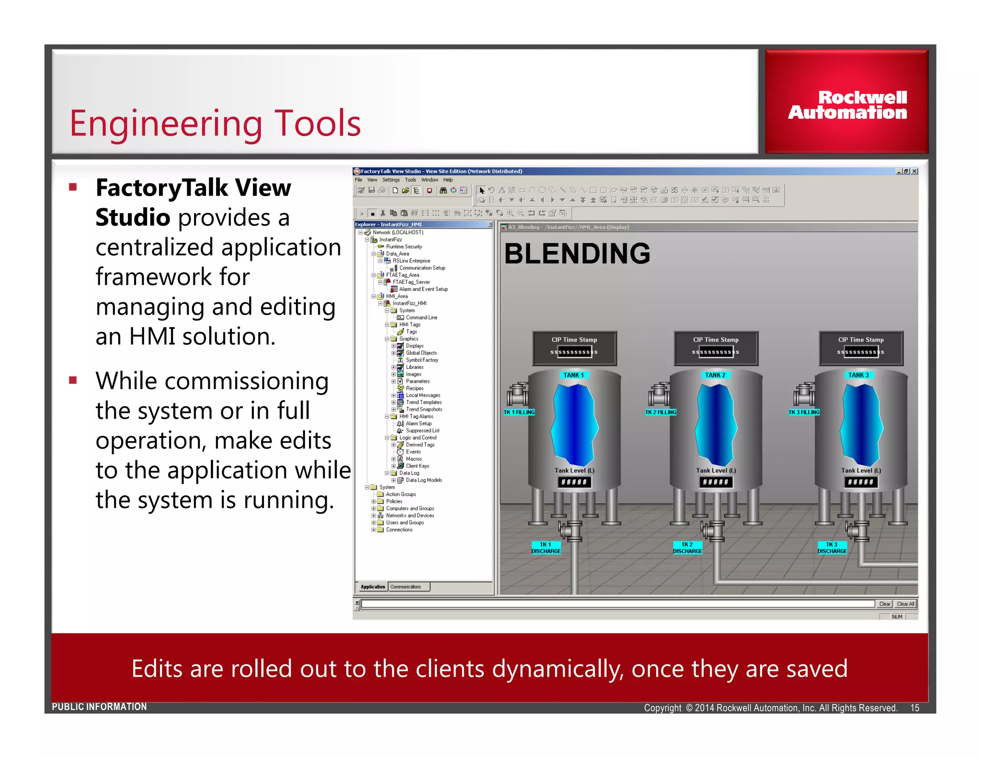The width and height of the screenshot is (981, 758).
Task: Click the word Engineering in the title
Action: click(166, 124)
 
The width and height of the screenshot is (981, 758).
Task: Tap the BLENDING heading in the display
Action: click(577, 253)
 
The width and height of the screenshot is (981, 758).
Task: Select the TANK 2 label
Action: click(715, 375)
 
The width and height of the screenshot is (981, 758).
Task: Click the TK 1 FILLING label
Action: click(519, 412)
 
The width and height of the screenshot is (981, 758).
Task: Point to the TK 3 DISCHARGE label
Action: click(832, 548)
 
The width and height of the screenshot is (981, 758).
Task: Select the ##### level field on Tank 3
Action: click(860, 482)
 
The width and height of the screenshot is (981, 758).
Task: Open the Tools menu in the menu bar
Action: click(410, 180)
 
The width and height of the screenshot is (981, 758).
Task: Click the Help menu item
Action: click(447, 180)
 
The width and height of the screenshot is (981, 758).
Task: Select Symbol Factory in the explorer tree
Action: click(422, 360)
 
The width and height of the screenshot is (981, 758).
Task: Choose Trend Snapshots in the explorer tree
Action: click(423, 409)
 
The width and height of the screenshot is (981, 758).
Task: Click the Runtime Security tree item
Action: click(403, 247)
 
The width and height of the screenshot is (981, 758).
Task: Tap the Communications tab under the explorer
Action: click(406, 587)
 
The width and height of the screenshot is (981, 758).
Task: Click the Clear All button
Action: click(905, 604)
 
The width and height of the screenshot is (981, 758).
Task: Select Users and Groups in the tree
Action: click(404, 523)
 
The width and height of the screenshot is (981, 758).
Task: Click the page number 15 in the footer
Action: click(914, 708)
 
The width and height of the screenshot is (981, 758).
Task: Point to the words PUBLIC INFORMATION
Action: click(99, 707)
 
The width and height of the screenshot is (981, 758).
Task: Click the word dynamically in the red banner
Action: click(557, 669)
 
